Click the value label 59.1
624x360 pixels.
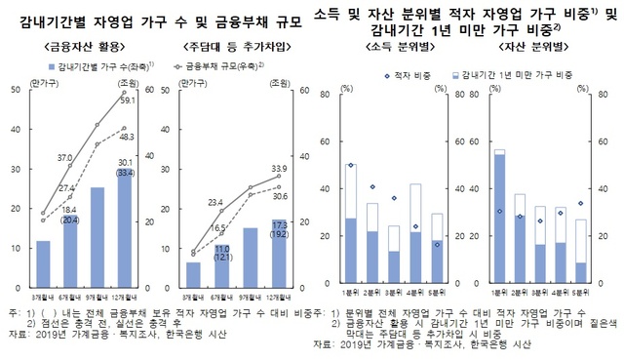[127, 100]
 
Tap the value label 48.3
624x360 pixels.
[127, 137]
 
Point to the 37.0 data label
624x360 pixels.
[65, 156]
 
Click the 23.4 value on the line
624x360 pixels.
[216, 202]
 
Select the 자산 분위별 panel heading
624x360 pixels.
[538, 47]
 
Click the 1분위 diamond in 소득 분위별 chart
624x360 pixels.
[350, 166]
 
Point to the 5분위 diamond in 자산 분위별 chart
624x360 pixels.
[581, 203]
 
